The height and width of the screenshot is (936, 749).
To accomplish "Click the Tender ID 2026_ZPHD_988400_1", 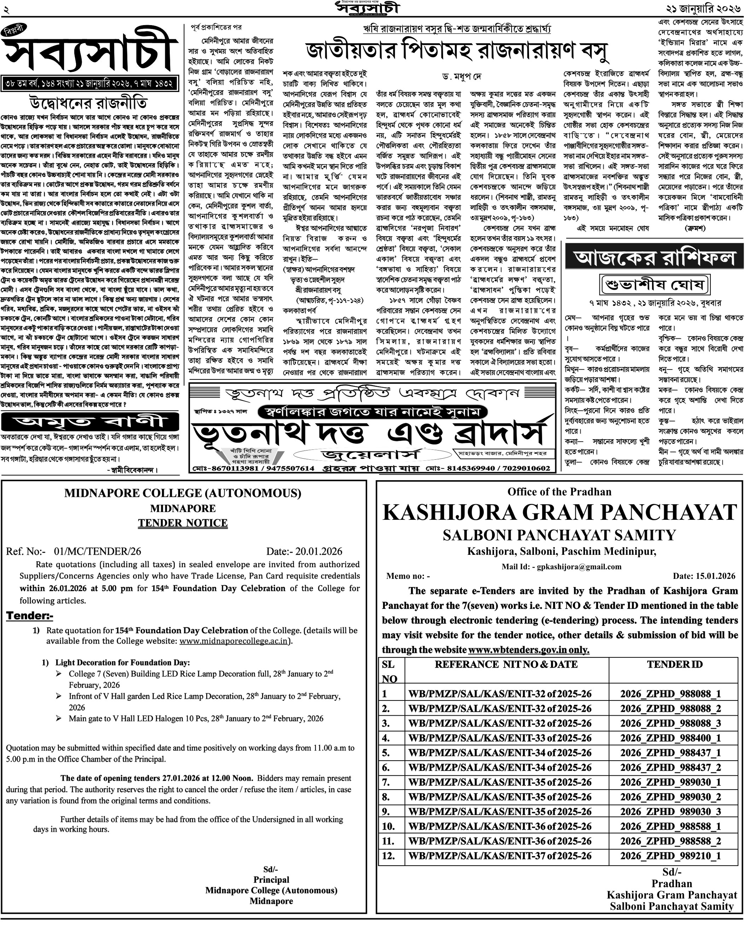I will click(x=670, y=738).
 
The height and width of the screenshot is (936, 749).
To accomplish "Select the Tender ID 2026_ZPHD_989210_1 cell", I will click(x=670, y=856).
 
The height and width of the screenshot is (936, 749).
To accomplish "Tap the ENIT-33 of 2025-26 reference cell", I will click(x=500, y=738).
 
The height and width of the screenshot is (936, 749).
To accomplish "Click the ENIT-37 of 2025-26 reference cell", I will click(x=500, y=856).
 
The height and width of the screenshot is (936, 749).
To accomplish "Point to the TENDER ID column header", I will click(x=674, y=664).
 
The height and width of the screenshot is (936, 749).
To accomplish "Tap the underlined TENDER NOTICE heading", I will click(x=183, y=523).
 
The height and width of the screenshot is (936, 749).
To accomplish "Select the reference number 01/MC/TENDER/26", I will click(x=97, y=551).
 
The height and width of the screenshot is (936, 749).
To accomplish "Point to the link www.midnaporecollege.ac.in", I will click(x=233, y=641).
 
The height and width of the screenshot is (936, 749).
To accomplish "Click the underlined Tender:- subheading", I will click(x=29, y=616).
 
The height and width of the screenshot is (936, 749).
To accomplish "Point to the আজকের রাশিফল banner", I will click(x=655, y=258).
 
